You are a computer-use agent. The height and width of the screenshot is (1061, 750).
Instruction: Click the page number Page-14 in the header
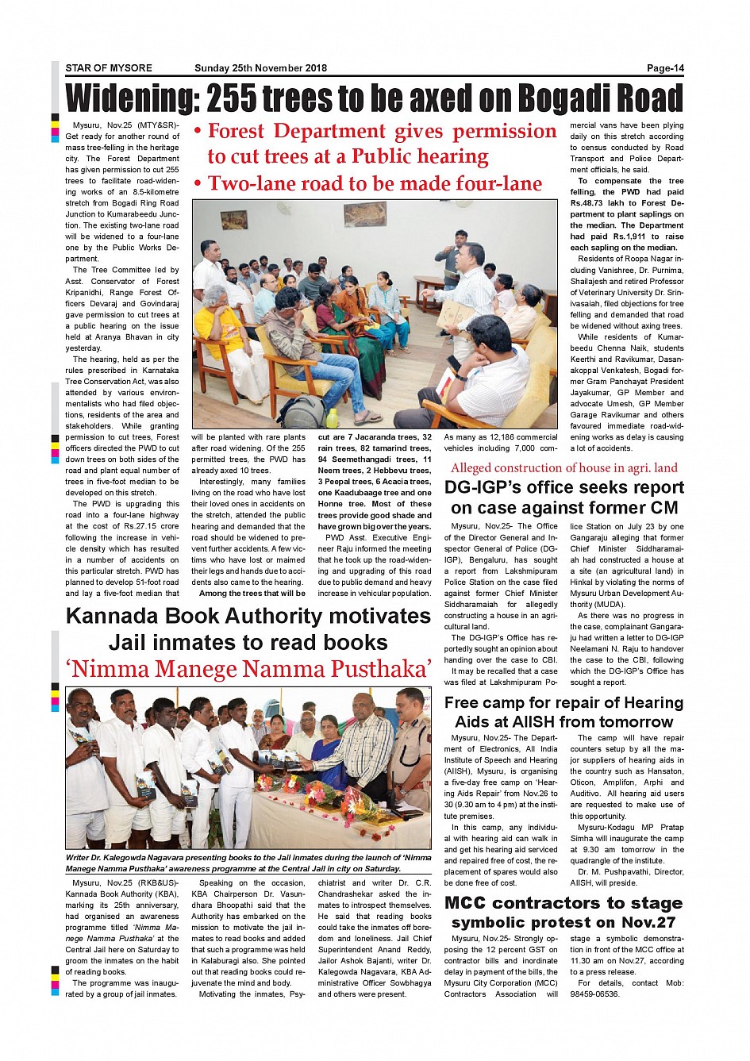[664, 68]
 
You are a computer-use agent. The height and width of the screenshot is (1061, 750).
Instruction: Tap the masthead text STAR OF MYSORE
[109, 68]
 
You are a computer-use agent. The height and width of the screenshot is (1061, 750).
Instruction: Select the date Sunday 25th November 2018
[260, 68]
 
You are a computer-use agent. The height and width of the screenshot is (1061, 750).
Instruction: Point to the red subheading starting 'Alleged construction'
[563, 468]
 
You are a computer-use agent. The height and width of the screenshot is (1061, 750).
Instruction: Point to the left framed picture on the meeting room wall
[234, 220]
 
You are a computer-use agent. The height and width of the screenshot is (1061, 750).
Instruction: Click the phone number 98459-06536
[594, 994]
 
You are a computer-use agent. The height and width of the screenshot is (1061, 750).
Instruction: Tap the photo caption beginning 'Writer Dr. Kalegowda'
[248, 863]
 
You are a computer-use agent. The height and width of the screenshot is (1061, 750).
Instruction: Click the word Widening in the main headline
[132, 98]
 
